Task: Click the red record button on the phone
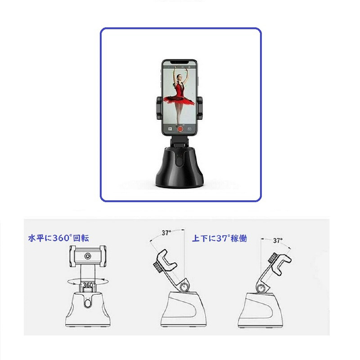click(180, 129)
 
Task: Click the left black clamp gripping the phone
click(159, 108)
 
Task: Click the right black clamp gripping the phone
click(200, 108)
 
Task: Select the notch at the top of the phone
click(180, 62)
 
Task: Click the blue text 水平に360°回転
click(58, 238)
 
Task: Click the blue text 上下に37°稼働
click(220, 238)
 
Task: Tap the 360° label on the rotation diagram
click(88, 285)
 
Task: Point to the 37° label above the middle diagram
click(166, 233)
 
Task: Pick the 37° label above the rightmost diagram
click(278, 241)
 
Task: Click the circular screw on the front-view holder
click(88, 256)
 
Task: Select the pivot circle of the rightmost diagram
click(261, 288)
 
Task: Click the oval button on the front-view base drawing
click(87, 303)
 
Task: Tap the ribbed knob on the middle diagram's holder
click(157, 267)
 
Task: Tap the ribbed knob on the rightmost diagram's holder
click(272, 257)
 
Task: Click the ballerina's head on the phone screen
click(179, 77)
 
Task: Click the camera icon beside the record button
click(189, 129)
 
